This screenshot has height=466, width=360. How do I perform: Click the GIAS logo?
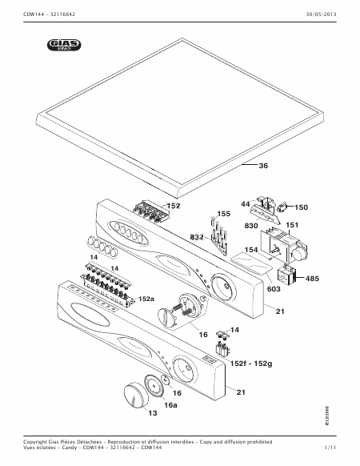coord(64,45)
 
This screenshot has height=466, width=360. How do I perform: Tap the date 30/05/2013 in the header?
coord(322,14)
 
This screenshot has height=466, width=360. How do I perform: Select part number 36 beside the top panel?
coord(263,166)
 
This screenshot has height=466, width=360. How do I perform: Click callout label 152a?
coord(146,299)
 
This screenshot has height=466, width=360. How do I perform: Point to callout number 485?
coord(312,279)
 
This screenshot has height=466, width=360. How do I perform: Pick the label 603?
coord(274,288)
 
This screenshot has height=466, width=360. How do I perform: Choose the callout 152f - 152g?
coord(251,364)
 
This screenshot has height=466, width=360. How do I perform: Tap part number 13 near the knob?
coord(153,413)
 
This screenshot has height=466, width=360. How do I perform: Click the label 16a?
coord(170,405)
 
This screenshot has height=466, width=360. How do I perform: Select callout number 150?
coord(301,207)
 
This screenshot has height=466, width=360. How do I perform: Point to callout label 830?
coord(251,226)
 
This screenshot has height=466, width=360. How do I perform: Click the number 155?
coord(224,214)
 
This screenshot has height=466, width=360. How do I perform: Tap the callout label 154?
coord(251,249)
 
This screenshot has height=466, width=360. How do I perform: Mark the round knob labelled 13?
coord(136,396)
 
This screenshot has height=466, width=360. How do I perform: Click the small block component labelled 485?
coord(287,276)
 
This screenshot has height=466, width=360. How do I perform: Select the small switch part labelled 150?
coord(282,207)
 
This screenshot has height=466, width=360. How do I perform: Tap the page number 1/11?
coord(330,448)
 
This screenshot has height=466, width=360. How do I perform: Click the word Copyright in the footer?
coord(35,442)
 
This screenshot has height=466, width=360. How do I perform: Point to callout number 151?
coord(292,225)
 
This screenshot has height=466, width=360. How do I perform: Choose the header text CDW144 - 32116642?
coord(50,14)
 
